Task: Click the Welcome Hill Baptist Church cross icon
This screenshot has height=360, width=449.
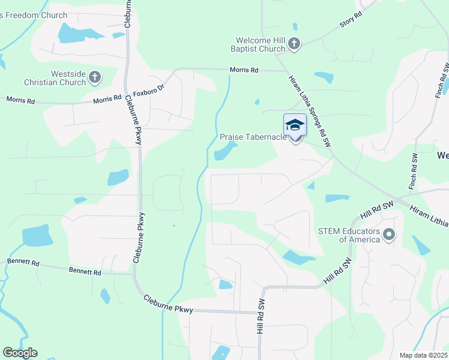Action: point(294,43)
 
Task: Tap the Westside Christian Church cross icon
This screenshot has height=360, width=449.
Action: point(94,77)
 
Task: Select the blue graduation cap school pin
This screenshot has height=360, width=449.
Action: point(295,125)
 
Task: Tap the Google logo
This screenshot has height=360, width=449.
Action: point(20,353)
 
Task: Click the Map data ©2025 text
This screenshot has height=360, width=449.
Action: point(423,355)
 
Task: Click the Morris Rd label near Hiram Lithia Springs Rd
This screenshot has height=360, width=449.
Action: point(244,70)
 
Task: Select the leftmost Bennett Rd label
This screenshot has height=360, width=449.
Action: point(23,263)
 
